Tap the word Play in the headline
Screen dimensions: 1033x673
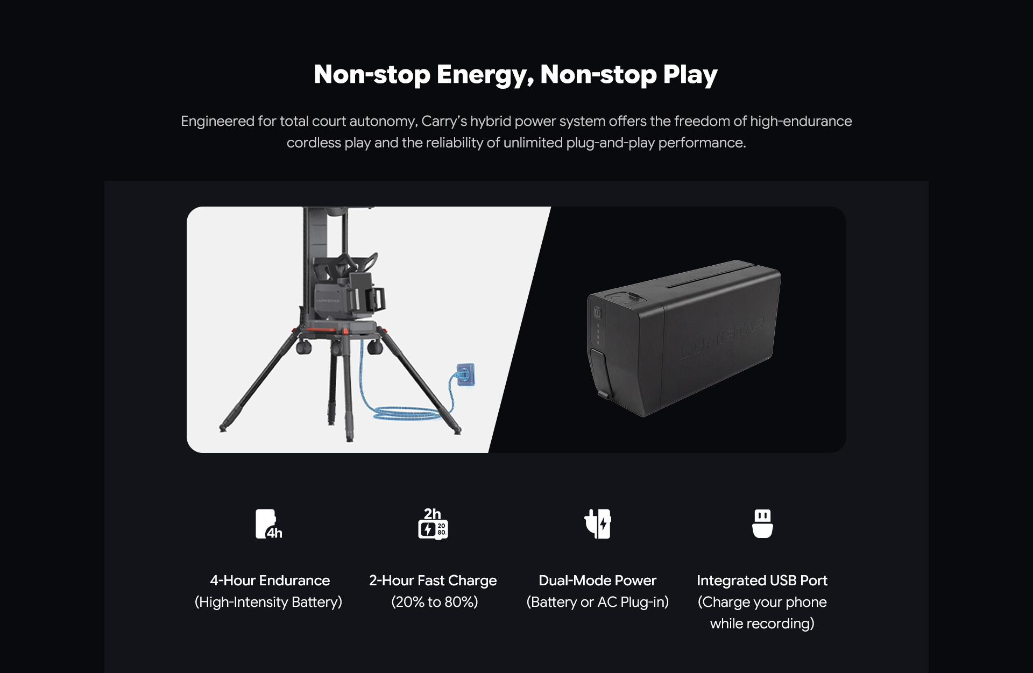click(690, 75)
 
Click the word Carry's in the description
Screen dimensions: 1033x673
click(444, 122)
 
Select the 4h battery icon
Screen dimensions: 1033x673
click(268, 524)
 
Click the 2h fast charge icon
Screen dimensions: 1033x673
click(433, 523)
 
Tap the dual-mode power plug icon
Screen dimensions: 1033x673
click(598, 524)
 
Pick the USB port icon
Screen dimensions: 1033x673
click(762, 523)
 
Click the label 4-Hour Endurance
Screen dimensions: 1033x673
click(270, 580)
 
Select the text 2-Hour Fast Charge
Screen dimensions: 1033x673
click(433, 581)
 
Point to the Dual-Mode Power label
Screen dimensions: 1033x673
click(598, 580)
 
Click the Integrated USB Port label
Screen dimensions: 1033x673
click(762, 581)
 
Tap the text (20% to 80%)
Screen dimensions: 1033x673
click(435, 602)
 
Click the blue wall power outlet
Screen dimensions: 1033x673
click(466, 374)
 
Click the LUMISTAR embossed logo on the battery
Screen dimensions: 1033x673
click(721, 339)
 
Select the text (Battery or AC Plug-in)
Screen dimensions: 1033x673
click(598, 602)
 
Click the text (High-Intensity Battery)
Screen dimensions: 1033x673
click(268, 602)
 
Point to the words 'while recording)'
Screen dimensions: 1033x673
click(762, 624)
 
